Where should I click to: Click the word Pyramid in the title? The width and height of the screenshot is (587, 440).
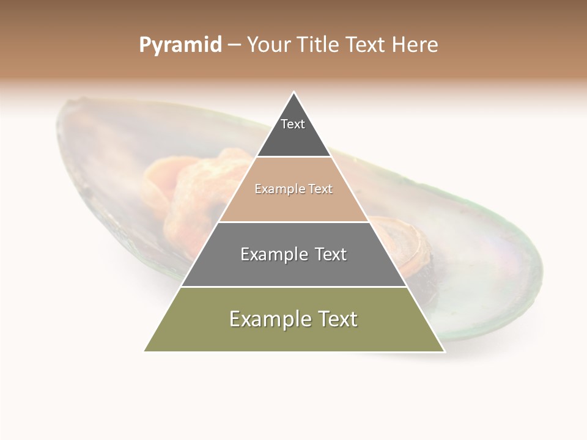point(180,45)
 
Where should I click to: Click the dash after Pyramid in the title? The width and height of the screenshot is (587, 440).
point(234,45)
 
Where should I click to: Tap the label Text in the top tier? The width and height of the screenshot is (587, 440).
point(293,124)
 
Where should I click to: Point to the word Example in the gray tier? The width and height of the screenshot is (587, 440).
point(273,254)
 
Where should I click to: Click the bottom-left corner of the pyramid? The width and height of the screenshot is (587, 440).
point(144,351)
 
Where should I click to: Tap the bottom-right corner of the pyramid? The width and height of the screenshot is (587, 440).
point(444,351)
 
